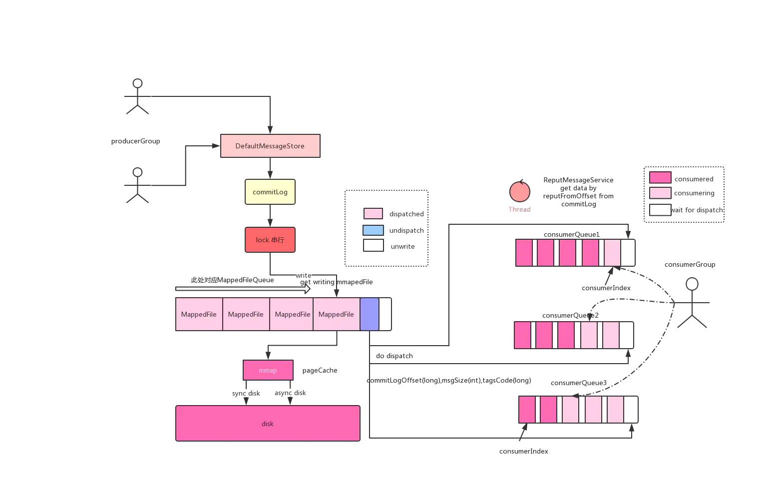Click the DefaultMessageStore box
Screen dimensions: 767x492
click(x=270, y=146)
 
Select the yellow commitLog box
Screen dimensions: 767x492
click(x=270, y=192)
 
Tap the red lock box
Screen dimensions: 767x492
click(x=270, y=240)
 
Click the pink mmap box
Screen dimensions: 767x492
click(x=268, y=370)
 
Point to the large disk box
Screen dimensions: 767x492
click(x=268, y=424)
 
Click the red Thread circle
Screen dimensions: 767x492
click(x=520, y=191)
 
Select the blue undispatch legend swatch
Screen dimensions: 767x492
click(x=373, y=230)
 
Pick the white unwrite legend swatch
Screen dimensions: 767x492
click(x=373, y=245)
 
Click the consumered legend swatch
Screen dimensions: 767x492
click(x=660, y=177)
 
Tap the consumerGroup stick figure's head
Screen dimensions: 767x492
click(x=692, y=284)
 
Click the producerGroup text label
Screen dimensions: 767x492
click(x=136, y=141)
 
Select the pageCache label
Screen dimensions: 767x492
click(x=320, y=370)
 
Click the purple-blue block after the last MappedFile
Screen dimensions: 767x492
click(x=370, y=314)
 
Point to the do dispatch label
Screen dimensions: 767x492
click(x=394, y=356)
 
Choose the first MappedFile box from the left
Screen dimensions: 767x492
click(x=199, y=314)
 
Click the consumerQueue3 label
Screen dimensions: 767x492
click(x=579, y=383)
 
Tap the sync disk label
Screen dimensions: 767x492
click(x=246, y=393)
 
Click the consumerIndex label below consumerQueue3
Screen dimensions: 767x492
click(x=523, y=451)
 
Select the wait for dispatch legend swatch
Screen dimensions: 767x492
click(x=660, y=210)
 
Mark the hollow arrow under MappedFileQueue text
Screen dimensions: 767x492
click(x=243, y=289)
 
